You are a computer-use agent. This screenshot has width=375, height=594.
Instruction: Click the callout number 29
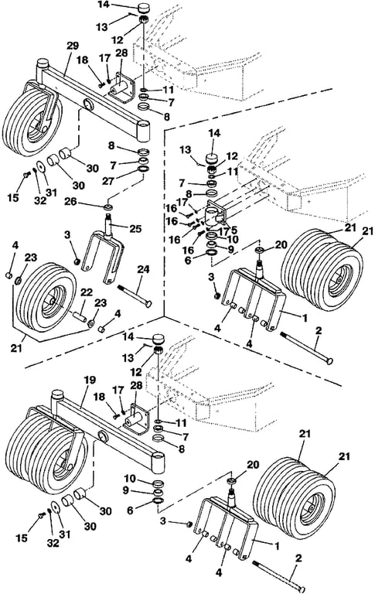tap(73, 46)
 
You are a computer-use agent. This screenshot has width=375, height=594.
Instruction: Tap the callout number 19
tap(90, 380)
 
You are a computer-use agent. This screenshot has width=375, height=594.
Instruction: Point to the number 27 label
tap(109, 181)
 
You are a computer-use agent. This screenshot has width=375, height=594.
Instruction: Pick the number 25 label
tap(135, 228)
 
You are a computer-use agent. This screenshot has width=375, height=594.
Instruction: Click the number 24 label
tap(144, 269)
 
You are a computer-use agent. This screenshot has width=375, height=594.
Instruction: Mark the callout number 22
tap(87, 292)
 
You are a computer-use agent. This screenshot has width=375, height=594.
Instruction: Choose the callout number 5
tap(234, 229)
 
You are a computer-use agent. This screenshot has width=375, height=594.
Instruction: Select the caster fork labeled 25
tap(103, 252)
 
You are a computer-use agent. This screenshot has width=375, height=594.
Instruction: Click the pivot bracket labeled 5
tap(216, 215)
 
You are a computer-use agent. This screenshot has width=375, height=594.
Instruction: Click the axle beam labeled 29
tap(94, 97)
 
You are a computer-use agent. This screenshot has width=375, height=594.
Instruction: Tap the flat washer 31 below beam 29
tap(39, 167)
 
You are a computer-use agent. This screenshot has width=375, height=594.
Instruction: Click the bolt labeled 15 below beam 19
tap(42, 515)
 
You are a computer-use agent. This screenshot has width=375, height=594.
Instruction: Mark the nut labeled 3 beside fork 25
tap(77, 261)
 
